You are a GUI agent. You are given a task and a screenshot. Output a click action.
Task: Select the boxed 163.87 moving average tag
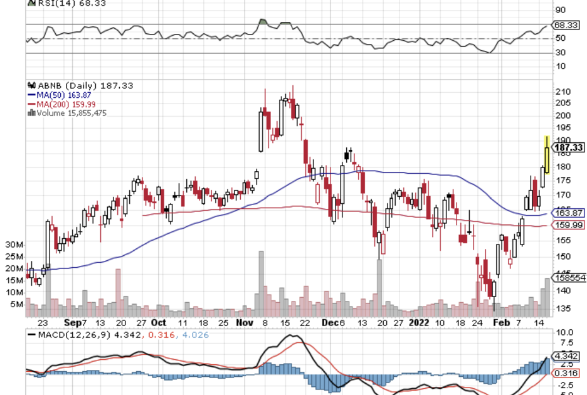click(567, 213)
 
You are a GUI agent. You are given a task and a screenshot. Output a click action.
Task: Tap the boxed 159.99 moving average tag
click(567, 224)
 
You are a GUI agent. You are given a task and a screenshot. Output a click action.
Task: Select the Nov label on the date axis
click(244, 322)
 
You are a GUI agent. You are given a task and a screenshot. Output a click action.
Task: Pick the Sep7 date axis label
click(75, 322)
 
